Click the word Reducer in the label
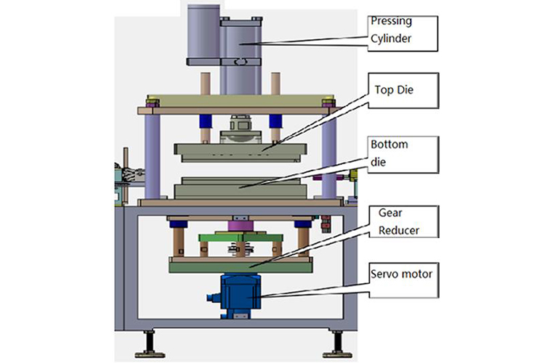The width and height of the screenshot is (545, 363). point(398,230)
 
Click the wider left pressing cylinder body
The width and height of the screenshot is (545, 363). point(203,33)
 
